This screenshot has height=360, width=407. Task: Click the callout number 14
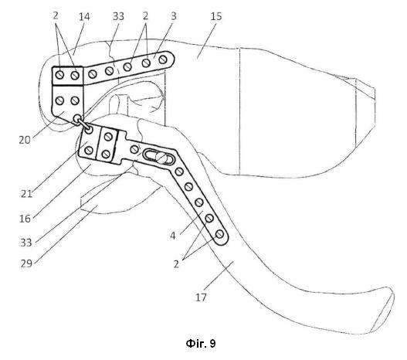click(x=84, y=17)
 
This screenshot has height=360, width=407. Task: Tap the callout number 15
click(x=216, y=16)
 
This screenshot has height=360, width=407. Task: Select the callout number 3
click(x=174, y=16)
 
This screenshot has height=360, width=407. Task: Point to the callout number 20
click(x=25, y=140)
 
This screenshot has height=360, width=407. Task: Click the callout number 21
click(x=26, y=194)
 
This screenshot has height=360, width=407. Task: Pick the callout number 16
click(x=25, y=219)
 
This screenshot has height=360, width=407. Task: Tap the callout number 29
click(x=26, y=263)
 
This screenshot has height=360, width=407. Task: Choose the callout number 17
click(x=201, y=297)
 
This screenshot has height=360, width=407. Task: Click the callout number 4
click(x=173, y=236)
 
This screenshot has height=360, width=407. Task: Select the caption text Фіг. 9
click(x=201, y=344)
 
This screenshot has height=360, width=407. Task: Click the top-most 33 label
click(x=118, y=16)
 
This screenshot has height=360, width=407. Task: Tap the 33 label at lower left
click(x=26, y=243)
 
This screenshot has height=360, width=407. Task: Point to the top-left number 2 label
click(x=56, y=15)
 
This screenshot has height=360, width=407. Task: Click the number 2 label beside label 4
click(x=177, y=264)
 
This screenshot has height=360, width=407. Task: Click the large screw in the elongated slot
click(x=161, y=158)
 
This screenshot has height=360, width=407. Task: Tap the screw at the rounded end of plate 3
click(x=163, y=59)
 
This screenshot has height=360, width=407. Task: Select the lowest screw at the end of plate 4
click(x=219, y=234)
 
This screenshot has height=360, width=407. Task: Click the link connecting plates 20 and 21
click(x=83, y=124)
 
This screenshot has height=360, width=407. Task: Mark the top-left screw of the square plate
click(x=60, y=75)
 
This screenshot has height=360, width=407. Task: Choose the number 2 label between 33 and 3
click(x=145, y=16)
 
